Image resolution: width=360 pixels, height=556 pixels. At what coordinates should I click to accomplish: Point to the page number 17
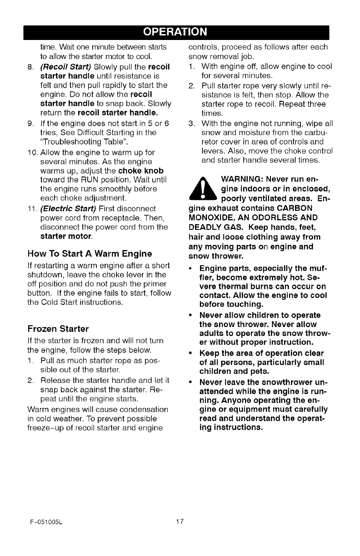180,521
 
